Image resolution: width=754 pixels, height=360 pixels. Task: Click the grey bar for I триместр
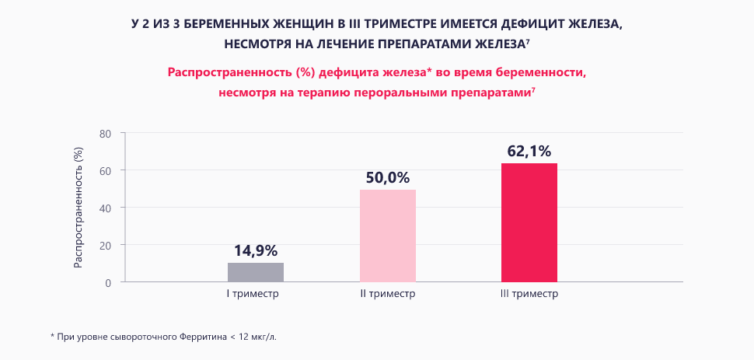click(256, 272)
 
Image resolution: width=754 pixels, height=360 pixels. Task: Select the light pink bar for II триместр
click(388, 236)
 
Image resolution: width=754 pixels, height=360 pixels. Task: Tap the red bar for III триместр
click(529, 222)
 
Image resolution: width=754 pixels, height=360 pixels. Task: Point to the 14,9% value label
click(256, 250)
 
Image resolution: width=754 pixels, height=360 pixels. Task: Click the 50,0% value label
click(388, 177)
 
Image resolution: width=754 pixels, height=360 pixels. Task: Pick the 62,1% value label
click(529, 151)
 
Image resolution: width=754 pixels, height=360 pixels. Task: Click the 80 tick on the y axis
click(107, 134)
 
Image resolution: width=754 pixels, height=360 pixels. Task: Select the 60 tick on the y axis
click(107, 170)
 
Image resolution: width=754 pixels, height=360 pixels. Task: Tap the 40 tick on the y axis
click(107, 208)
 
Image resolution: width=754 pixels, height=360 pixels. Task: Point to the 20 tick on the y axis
click(107, 245)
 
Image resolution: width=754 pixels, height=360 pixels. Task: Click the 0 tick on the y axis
click(110, 282)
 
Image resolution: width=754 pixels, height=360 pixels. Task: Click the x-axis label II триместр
click(388, 294)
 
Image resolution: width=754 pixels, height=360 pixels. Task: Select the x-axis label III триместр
click(529, 294)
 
